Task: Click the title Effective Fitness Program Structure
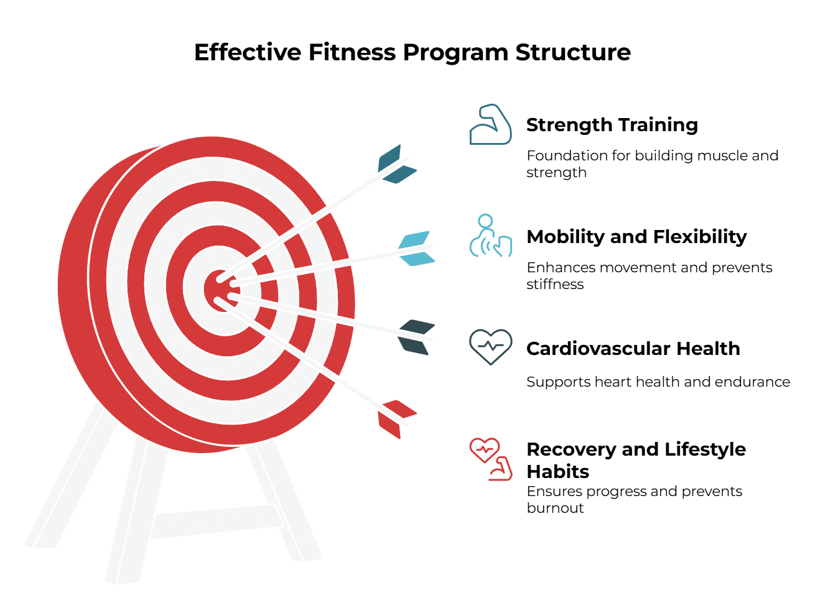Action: (x=412, y=52)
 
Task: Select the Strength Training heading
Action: (x=612, y=125)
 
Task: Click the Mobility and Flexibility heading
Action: (x=636, y=236)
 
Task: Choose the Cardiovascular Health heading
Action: (x=633, y=349)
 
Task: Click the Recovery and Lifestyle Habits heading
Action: (x=636, y=460)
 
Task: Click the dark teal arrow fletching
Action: (x=396, y=164)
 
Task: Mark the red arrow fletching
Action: (x=396, y=419)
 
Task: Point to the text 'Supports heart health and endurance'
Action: (x=658, y=382)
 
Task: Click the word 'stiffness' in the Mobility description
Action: (x=555, y=285)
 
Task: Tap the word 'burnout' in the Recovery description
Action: (x=555, y=508)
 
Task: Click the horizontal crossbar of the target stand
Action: (x=217, y=522)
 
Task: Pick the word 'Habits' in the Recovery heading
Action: (x=558, y=472)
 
